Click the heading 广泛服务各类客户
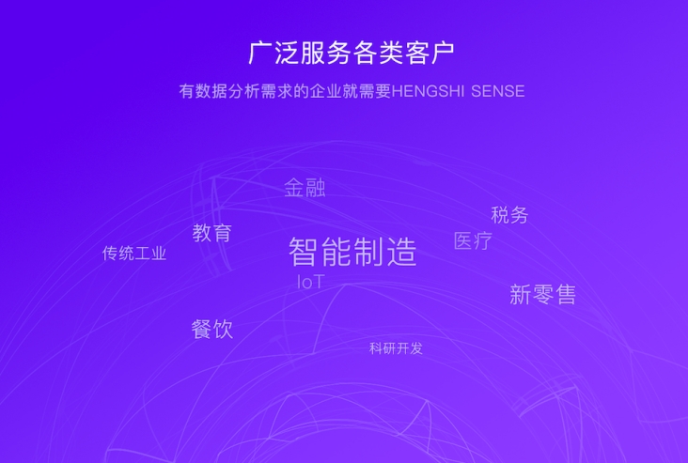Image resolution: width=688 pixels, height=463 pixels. tap(351, 53)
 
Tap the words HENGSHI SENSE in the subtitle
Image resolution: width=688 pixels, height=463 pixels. tap(458, 91)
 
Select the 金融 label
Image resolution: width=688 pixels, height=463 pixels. tap(305, 188)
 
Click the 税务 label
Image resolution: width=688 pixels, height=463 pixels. tap(509, 215)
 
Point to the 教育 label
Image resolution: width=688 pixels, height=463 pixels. tap(211, 232)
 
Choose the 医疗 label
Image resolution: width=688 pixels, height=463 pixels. tap(473, 240)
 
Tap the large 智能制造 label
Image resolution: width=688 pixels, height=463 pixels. tap(352, 252)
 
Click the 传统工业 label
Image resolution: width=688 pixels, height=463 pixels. tap(134, 254)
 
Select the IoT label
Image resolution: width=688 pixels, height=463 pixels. tap(311, 282)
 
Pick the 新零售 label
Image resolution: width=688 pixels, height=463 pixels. tap(542, 294)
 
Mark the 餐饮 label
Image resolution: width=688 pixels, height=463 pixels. tap(211, 330)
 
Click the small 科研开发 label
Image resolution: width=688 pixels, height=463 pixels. tap(396, 348)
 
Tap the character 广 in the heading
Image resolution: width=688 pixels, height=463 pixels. tap(260, 53)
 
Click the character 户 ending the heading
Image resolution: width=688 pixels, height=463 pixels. tap(443, 53)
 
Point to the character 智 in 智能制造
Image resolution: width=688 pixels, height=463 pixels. tap(305, 252)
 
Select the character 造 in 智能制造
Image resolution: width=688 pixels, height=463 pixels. tap(401, 252)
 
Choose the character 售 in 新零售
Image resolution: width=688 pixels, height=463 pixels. tap(566, 294)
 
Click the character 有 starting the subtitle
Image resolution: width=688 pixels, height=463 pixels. tap(187, 91)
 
